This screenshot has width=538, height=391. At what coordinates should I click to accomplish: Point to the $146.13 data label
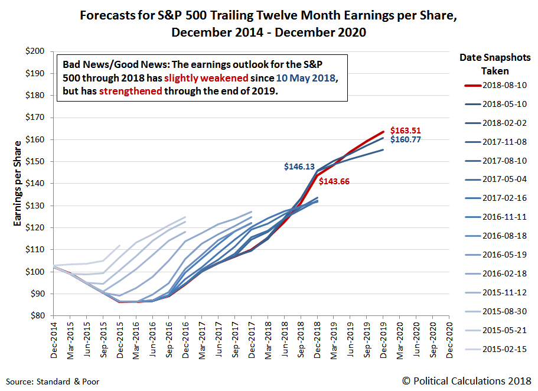(x=299, y=167)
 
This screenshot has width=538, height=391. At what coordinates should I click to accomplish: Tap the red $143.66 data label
(x=334, y=181)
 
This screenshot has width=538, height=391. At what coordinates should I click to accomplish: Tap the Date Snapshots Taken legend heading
(x=495, y=64)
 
